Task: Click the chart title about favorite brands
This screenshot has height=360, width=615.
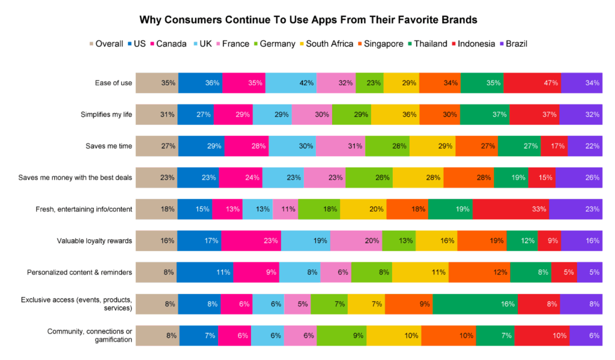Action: tap(308, 19)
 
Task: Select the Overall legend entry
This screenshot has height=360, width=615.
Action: tap(106, 44)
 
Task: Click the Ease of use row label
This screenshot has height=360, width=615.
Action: tap(114, 83)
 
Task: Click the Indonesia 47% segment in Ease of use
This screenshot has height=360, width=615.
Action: tap(532, 83)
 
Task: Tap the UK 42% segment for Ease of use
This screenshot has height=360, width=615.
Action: tap(291, 83)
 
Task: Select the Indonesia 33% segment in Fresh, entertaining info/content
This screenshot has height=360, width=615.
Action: tap(510, 209)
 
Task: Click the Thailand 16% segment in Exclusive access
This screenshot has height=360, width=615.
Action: tap(474, 304)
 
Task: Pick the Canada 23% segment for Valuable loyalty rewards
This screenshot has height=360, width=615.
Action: tap(250, 241)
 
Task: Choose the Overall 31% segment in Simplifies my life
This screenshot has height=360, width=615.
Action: tap(157, 114)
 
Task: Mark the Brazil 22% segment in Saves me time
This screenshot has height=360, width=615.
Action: tap(585, 146)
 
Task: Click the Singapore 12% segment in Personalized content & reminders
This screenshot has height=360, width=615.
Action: tap(479, 272)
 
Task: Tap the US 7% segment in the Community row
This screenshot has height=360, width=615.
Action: tap(199, 335)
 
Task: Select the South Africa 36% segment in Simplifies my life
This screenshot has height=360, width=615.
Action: tap(395, 114)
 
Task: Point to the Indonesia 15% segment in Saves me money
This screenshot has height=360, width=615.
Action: tap(542, 177)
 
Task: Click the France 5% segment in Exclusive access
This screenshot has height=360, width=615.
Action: tap(297, 304)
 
